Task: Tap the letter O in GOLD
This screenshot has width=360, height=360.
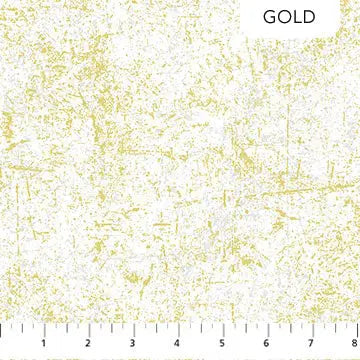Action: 288,18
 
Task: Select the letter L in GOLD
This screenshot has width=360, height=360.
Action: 301,18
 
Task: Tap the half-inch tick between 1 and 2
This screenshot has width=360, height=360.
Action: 67,331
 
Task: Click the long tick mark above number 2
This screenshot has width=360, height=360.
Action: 89,330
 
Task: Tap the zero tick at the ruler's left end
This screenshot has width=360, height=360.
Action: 1,330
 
